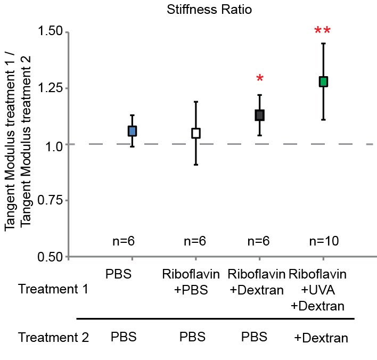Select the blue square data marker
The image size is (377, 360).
pyautogui.click(x=132, y=131)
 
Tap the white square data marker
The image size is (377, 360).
pyautogui.click(x=196, y=133)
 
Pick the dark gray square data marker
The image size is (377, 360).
pyautogui.click(x=259, y=115)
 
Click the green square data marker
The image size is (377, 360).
pyautogui.click(x=323, y=81)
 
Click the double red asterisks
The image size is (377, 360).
pyautogui.click(x=323, y=32)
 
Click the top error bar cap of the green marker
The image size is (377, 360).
pyautogui.click(x=323, y=43)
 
